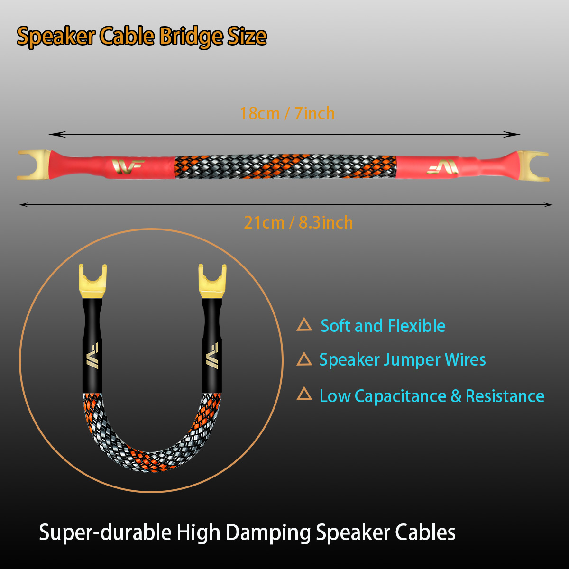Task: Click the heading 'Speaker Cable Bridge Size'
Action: pyautogui.click(x=142, y=37)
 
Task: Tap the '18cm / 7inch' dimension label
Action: pyautogui.click(x=287, y=114)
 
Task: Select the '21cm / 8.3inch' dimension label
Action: pyautogui.click(x=298, y=222)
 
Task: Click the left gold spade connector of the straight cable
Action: pyautogui.click(x=34, y=165)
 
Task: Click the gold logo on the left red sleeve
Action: pyautogui.click(x=128, y=166)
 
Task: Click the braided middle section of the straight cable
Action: pyautogui.click(x=285, y=166)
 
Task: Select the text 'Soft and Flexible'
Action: pyautogui.click(x=383, y=326)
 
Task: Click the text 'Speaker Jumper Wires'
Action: pyautogui.click(x=402, y=359)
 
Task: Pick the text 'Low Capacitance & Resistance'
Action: pyautogui.click(x=431, y=396)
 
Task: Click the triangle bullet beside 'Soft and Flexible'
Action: pyautogui.click(x=304, y=325)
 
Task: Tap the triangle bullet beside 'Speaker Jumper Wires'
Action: pyautogui.click(x=304, y=359)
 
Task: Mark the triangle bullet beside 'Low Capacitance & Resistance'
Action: pyautogui.click(x=304, y=395)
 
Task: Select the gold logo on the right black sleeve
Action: pyautogui.click(x=212, y=355)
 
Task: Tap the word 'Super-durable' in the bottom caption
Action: pyautogui.click(x=105, y=532)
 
